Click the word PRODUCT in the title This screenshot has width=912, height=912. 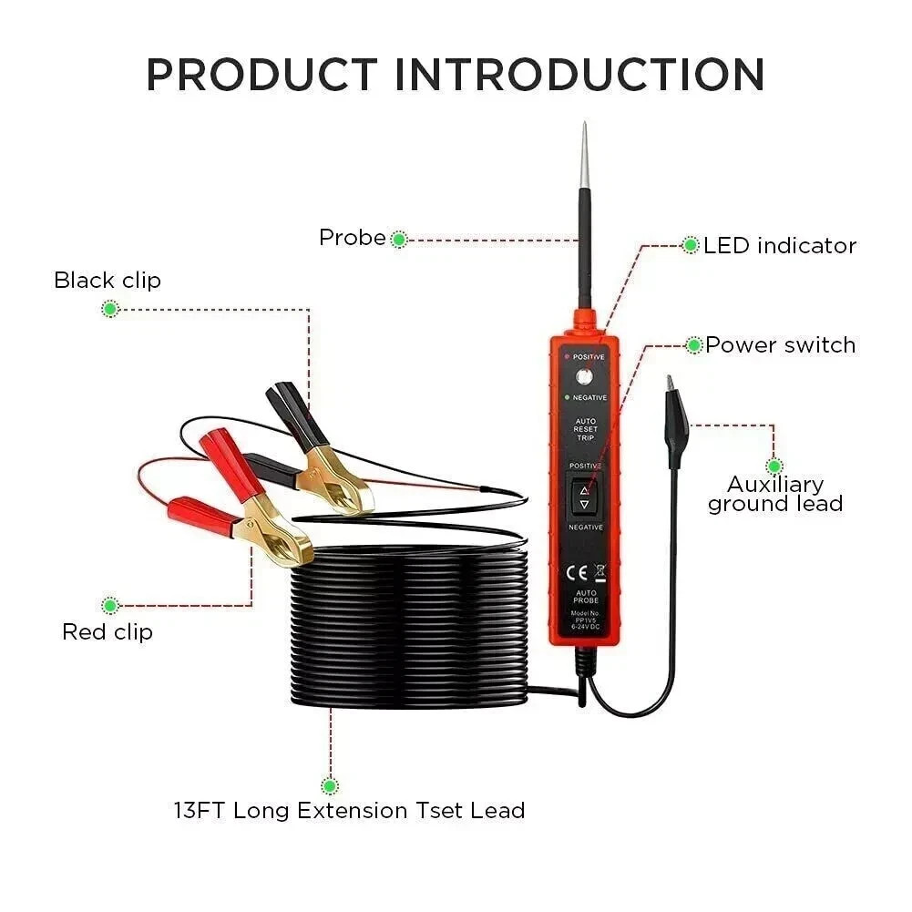coord(261,75)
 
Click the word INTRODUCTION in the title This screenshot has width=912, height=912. coord(579,75)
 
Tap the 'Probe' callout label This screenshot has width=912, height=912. coord(352,238)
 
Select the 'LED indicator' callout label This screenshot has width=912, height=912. coord(780,245)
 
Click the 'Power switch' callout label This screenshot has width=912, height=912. coord(781,345)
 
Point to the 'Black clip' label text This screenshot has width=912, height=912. coord(108,280)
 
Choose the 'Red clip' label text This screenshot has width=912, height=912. coord(108,631)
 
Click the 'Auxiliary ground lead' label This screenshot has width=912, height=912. coord(775,494)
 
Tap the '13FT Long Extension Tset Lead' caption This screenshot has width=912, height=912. coord(349,810)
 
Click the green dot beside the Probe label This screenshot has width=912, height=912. coord(398,240)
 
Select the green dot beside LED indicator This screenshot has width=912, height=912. coord(691,244)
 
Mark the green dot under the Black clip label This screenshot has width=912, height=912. coord(110,309)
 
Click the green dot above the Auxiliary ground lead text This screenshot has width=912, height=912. coord(774,466)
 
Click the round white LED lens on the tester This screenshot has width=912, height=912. coord(583,377)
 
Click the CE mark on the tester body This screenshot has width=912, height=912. coord(577,573)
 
